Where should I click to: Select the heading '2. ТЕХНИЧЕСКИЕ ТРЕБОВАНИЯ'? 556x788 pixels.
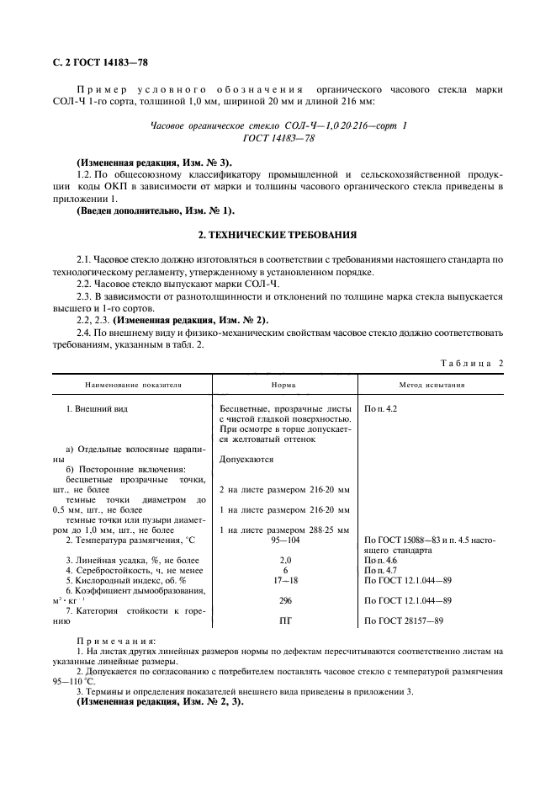278,235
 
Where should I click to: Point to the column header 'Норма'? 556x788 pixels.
283,385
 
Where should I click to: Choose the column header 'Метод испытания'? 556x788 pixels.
432,385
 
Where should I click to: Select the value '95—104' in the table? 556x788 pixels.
283,540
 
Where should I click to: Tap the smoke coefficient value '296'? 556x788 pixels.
283,600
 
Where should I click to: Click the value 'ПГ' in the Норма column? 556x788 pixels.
283,620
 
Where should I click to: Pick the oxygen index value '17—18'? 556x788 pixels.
283,580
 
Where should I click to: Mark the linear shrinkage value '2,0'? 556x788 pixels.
283,560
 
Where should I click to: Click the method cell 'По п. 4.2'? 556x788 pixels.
381,408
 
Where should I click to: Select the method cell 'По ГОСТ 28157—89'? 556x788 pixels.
408,620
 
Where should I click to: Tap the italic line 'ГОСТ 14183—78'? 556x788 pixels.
278,138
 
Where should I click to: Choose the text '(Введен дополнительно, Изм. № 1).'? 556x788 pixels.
156,209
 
